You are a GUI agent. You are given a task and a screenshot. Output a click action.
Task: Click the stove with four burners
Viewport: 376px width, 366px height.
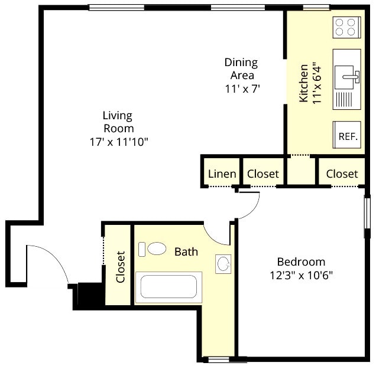click(347, 27)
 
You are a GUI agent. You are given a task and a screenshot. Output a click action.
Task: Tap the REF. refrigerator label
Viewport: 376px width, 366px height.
click(348, 136)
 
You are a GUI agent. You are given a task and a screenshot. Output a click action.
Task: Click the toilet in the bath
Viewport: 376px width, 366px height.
click(153, 249)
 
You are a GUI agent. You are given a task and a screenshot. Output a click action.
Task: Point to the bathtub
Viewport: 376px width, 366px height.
click(169, 287)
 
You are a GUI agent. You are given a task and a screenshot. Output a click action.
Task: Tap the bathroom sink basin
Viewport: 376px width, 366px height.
click(223, 264)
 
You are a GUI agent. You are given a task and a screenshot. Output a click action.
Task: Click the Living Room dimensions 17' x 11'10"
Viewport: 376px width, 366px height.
click(119, 142)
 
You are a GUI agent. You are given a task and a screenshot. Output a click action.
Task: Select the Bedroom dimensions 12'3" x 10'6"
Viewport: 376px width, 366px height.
click(302, 275)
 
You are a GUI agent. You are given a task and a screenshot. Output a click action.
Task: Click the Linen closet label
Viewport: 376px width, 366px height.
click(222, 174)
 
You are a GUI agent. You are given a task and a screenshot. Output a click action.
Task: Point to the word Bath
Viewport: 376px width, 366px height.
click(186, 252)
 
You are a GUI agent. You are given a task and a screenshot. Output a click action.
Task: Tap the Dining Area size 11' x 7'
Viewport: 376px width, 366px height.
click(242, 89)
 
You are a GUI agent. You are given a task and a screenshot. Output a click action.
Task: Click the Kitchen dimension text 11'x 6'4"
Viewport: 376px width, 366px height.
click(317, 83)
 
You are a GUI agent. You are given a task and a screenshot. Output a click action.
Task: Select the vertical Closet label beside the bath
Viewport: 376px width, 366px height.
click(121, 267)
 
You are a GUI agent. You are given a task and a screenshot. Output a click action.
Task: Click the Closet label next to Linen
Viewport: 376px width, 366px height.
click(263, 174)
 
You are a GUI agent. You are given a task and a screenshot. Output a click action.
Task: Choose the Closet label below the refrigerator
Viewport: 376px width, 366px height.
click(342, 174)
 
